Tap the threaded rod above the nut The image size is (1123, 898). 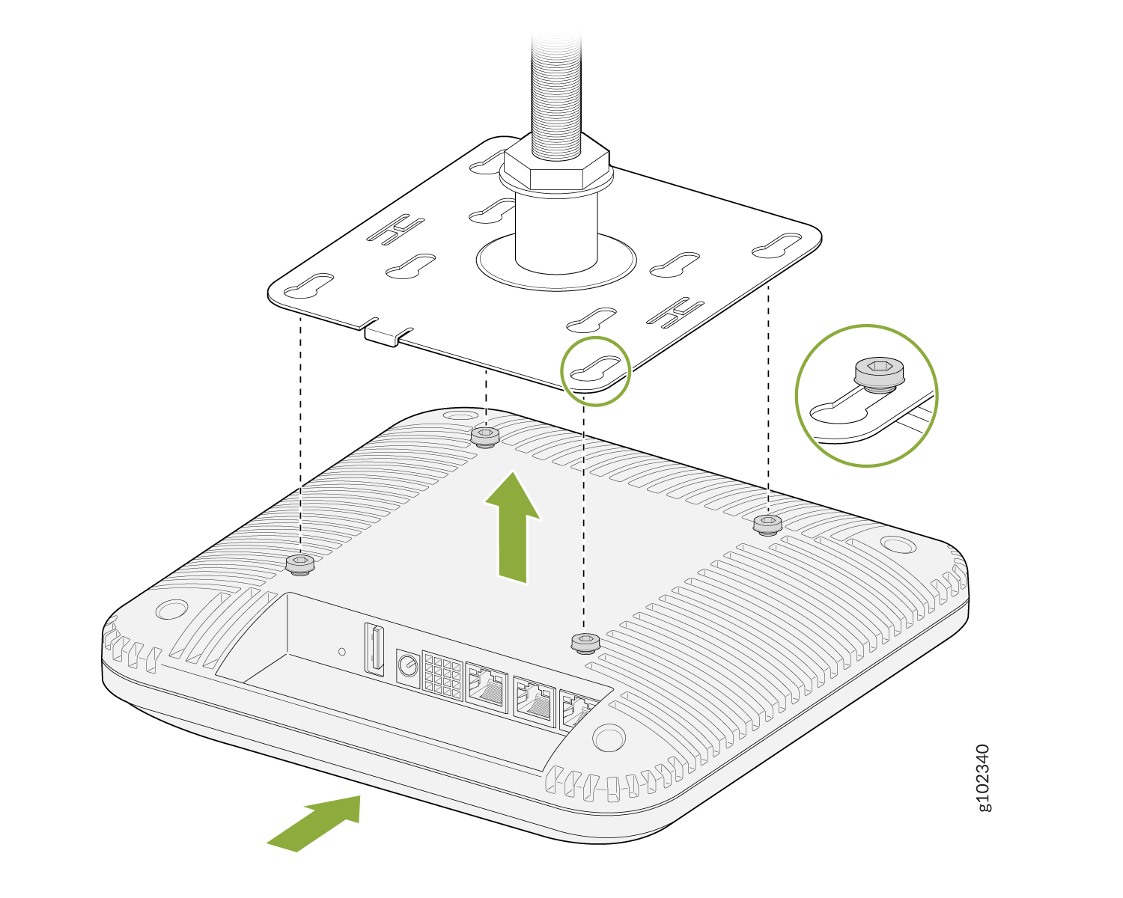[556, 94]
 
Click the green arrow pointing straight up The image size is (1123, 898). [512, 527]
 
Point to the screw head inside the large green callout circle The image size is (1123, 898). [880, 373]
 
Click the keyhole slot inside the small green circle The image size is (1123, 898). [595, 367]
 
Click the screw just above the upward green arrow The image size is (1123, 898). [485, 437]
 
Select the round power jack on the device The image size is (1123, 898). [408, 666]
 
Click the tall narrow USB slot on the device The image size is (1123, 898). [374, 649]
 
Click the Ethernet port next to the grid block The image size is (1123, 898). [487, 687]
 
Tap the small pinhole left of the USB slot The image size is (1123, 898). [342, 652]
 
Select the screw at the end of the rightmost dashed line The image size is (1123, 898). [767, 525]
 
